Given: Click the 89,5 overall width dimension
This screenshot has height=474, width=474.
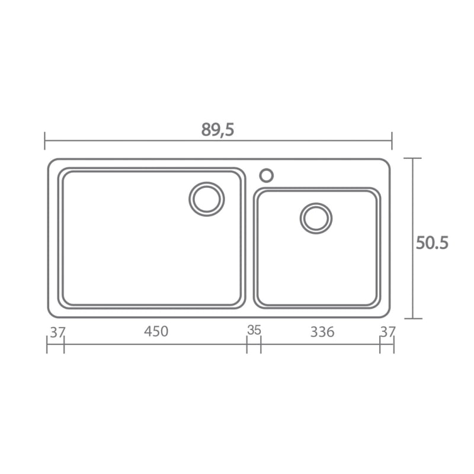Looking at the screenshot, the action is click(x=217, y=130).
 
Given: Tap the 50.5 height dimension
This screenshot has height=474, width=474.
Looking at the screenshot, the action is click(x=432, y=243).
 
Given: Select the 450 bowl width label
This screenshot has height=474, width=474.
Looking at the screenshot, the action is click(x=156, y=331).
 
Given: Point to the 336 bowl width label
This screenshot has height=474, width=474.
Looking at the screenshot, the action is click(x=322, y=332).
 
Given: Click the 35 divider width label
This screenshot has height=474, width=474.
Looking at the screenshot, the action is click(x=254, y=330).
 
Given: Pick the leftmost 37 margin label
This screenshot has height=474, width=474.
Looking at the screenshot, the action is click(x=57, y=332).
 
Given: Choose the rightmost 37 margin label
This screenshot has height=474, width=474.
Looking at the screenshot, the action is click(x=388, y=332).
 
